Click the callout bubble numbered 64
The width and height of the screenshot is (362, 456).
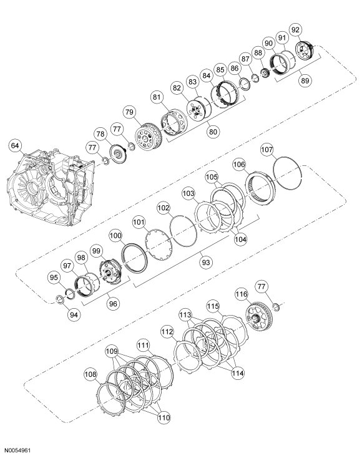[x=14, y=145]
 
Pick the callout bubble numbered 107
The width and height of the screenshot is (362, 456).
[x=267, y=150]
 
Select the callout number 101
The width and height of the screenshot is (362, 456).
[x=139, y=222]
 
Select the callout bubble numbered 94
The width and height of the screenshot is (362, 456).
[x=74, y=314]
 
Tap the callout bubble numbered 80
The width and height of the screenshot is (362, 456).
[x=213, y=132]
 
